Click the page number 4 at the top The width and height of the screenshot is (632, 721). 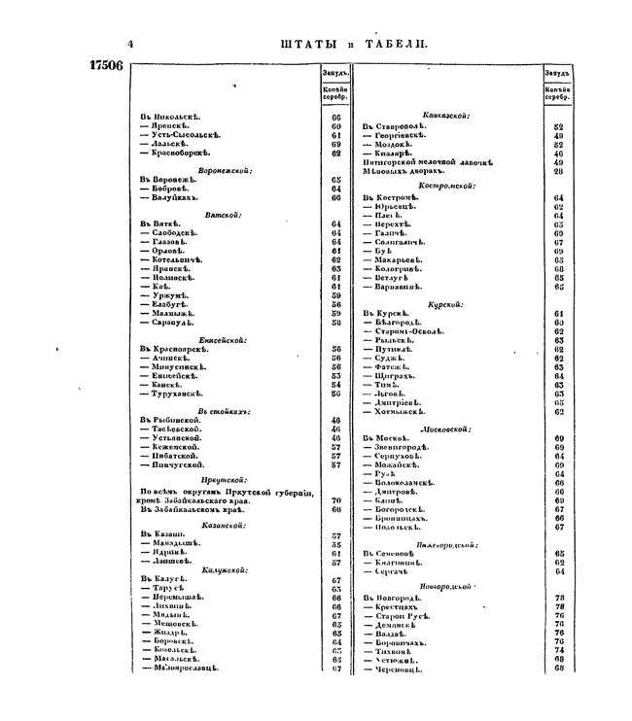(130, 44)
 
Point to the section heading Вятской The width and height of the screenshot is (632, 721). (223, 215)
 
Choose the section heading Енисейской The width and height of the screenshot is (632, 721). (223, 340)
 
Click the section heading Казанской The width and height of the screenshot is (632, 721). (223, 525)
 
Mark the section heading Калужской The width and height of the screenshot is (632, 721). (223, 569)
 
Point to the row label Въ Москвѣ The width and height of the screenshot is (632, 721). (388, 438)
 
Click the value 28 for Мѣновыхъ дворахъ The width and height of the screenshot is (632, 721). (558, 171)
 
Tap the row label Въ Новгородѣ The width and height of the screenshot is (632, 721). (393, 597)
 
